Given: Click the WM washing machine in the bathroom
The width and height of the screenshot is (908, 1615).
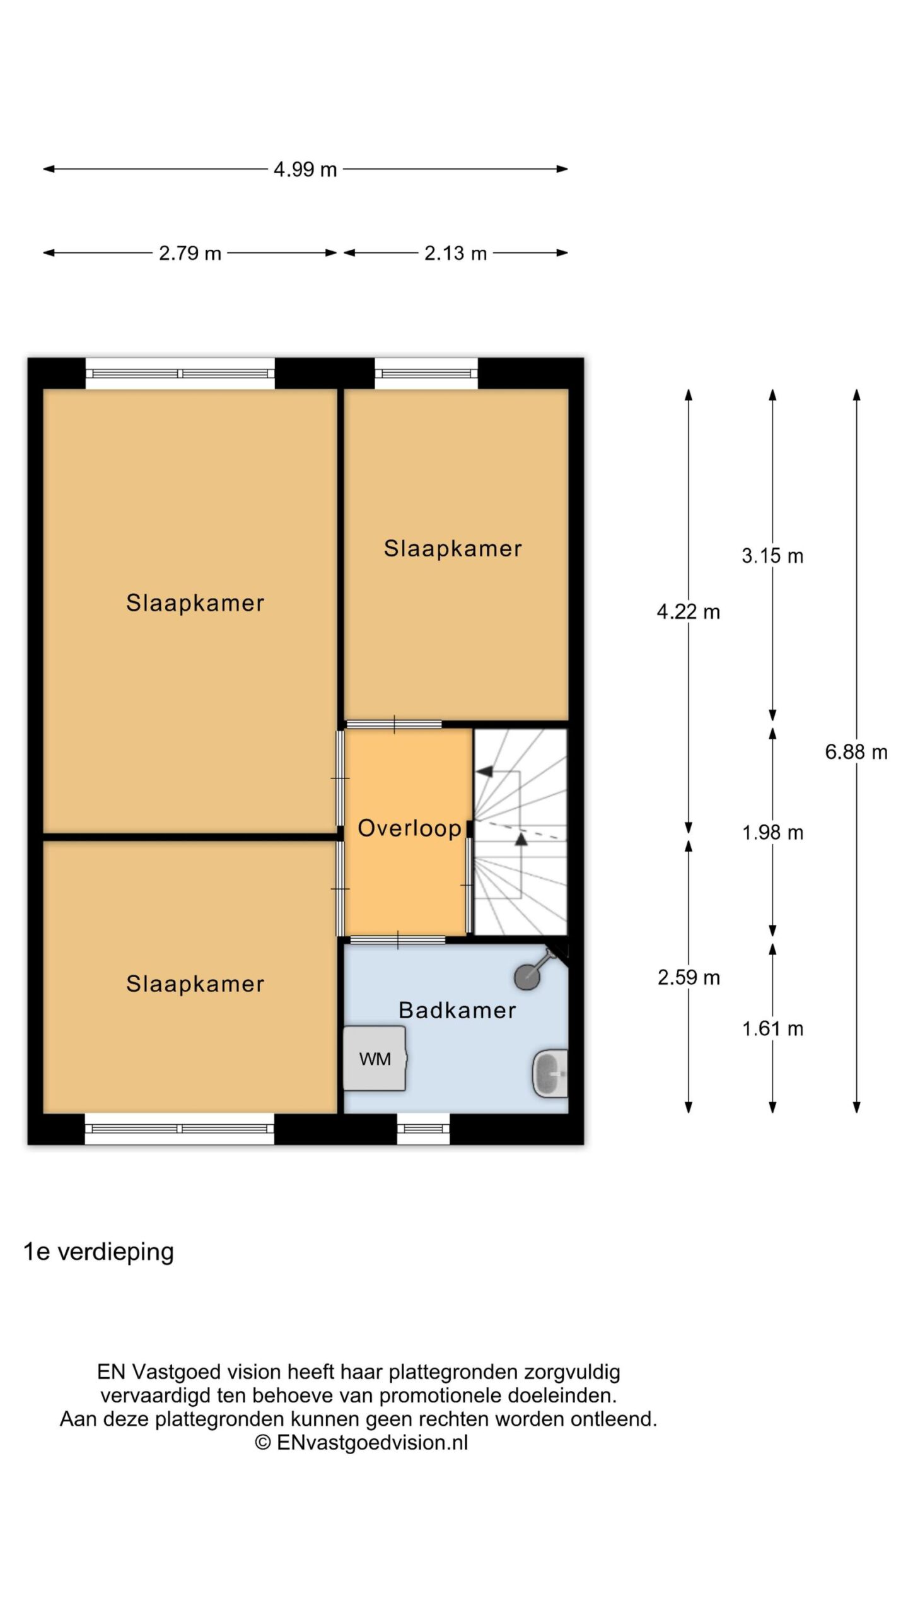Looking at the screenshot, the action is [x=375, y=1058].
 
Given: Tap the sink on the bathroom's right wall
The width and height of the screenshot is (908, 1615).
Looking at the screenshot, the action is [x=550, y=1073].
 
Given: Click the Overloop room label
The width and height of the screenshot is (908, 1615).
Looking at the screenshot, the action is [x=409, y=828].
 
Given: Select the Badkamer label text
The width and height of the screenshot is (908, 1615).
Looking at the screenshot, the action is [x=457, y=1010].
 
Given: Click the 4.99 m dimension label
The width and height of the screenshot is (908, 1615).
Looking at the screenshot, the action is [x=305, y=169].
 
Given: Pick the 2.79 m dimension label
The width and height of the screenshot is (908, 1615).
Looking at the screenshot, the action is [x=190, y=253].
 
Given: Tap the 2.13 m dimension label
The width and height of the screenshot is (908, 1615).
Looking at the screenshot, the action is [x=455, y=253].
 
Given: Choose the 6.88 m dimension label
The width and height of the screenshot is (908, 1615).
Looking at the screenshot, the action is [x=856, y=751].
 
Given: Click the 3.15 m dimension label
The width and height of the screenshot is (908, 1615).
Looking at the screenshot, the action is [x=772, y=556].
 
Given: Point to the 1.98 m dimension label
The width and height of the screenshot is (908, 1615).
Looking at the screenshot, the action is [x=772, y=833].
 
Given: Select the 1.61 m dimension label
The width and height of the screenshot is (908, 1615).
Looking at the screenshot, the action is [x=772, y=1029].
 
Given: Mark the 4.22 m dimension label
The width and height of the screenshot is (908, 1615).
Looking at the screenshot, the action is [x=689, y=611].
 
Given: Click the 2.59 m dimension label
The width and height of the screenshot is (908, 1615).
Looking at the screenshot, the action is [x=689, y=977].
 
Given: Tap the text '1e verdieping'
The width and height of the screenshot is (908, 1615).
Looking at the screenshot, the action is [x=98, y=1252].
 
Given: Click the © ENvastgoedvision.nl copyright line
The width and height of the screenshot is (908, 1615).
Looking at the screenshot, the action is [x=361, y=1442].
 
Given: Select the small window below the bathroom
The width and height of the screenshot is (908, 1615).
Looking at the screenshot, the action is [x=423, y=1129].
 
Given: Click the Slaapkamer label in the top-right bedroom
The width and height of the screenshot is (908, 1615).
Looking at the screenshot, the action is [x=453, y=548].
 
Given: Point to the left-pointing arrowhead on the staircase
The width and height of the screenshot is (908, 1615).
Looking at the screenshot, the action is [x=484, y=771].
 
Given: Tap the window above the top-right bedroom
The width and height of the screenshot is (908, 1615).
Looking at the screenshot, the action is [x=426, y=373].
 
